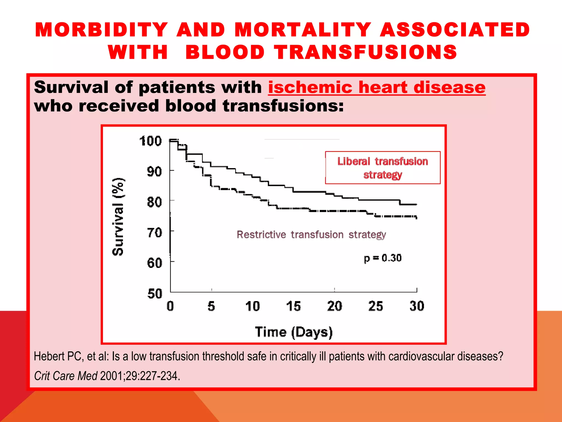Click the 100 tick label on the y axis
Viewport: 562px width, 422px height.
coord(150,141)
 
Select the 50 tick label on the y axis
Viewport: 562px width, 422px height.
coord(155,294)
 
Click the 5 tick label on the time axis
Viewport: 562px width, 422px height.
coord(211,306)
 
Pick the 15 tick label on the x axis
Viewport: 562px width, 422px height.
coord(293,306)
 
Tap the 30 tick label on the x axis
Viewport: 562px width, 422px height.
coord(417,306)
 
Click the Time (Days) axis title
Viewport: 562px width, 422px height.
coord(294,332)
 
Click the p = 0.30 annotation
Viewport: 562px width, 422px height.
coord(383,258)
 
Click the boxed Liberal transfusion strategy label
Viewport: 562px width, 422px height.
coord(383,168)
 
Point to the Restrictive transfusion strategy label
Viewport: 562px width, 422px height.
coord(311,235)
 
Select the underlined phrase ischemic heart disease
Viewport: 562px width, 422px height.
coord(376,87)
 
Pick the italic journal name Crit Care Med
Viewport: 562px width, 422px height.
coord(66,376)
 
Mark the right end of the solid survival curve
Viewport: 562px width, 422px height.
coord(416,204)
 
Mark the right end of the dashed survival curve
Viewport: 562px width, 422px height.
coord(416,217)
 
